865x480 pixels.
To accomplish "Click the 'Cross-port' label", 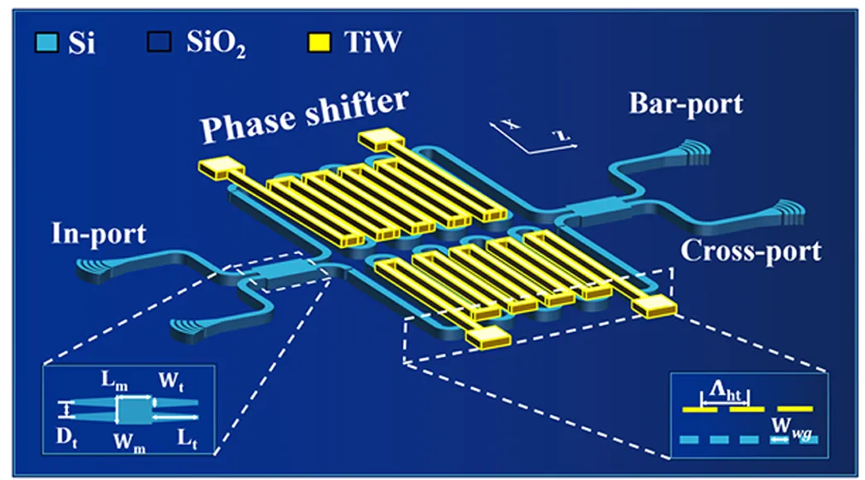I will pyautogui.click(x=751, y=250).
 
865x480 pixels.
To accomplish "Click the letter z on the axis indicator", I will pyautogui.click(x=561, y=135).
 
